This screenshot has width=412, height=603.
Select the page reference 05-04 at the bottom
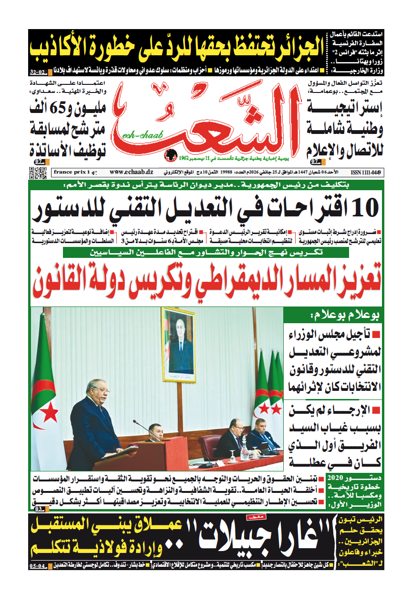[38, 566]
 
